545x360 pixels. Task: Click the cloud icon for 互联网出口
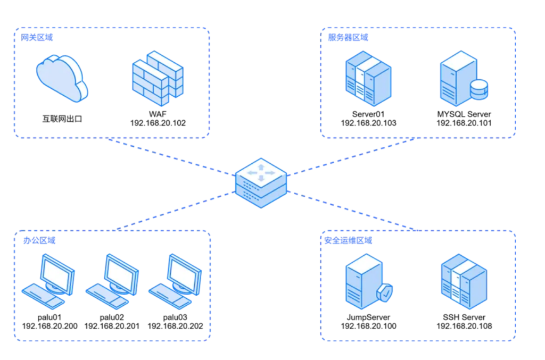62,79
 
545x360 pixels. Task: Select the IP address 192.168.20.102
158,123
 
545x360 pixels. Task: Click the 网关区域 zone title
37,38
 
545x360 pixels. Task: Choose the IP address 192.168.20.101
464,123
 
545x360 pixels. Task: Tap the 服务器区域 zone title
348,38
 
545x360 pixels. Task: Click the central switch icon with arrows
261,182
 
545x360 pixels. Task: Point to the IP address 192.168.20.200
49,326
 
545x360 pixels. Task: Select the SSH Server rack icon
464,281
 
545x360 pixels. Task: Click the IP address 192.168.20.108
464,326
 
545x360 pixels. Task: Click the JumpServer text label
368,317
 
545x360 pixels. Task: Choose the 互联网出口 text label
62,119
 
